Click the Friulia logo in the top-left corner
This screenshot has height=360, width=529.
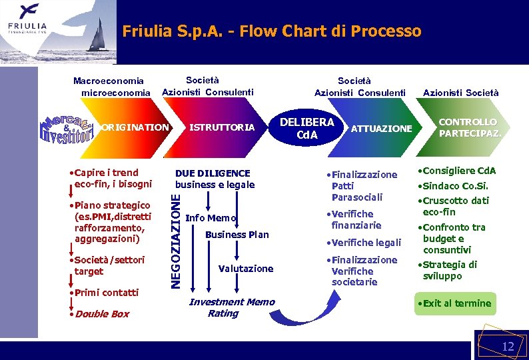pos(27,19)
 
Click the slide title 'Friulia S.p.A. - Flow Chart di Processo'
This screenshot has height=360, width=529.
pos(272,31)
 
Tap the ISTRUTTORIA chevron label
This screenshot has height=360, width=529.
pos(222,127)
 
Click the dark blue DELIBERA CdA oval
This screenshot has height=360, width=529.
pos(306,129)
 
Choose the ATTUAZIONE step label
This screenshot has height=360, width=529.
pos(381,128)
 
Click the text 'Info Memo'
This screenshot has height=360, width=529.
pos(211,218)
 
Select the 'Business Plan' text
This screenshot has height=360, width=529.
pos(237,235)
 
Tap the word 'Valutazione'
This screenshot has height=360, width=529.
pos(246,268)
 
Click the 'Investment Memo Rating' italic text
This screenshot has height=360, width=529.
pos(231,307)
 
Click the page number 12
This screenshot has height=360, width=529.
pos(508,346)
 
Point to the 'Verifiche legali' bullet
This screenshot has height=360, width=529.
pos(366,243)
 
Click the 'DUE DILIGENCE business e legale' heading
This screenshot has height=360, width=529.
pos(215,179)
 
